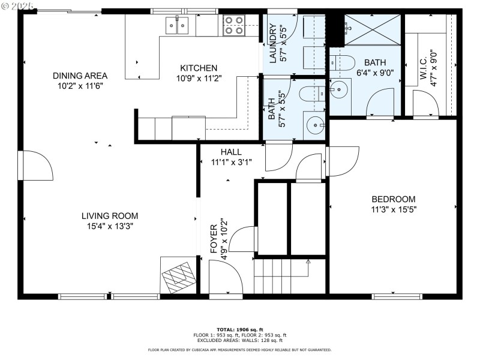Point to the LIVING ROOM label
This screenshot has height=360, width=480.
click(110, 216)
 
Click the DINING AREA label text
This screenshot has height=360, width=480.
click(80, 76)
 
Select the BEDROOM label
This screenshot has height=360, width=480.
click(393, 199)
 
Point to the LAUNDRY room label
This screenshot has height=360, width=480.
click(273, 43)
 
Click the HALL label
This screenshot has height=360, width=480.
click(231, 152)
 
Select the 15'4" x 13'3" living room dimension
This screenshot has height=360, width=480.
click(110, 226)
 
